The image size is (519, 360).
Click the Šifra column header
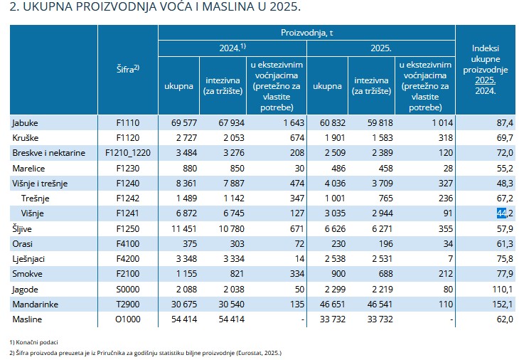pos(127,69)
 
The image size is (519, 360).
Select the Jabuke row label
pos(25,123)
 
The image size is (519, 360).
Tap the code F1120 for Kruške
pos(128,137)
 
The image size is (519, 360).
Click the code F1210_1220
pos(128,153)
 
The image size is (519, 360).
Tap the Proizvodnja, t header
pos(306,33)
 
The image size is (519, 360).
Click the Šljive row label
pos(23,228)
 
